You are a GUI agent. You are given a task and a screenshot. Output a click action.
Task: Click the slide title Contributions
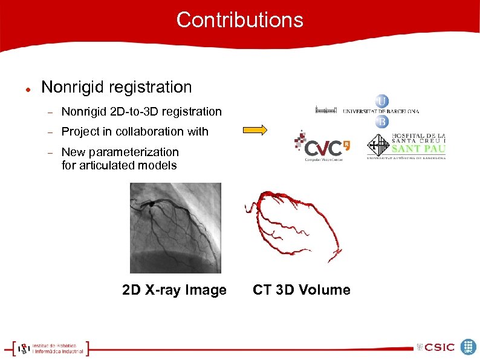239,20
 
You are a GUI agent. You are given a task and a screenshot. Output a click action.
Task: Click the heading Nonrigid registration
116,87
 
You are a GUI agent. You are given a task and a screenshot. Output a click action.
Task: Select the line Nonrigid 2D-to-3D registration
141,111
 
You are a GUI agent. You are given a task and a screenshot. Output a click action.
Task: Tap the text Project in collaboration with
135,131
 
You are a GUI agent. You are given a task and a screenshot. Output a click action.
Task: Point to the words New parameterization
120,152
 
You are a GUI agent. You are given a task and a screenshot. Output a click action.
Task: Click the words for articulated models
119,165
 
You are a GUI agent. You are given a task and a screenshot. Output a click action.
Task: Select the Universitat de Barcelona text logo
380,111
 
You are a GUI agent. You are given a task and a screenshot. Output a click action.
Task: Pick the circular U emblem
382,100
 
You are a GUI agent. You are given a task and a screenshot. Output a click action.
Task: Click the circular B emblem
382,122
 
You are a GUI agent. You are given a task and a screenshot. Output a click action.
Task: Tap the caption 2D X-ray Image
174,290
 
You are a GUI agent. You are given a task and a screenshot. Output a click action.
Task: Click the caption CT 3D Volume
301,290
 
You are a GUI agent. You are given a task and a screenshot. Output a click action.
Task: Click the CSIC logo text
435,347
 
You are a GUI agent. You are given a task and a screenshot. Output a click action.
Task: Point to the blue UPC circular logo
469,347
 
